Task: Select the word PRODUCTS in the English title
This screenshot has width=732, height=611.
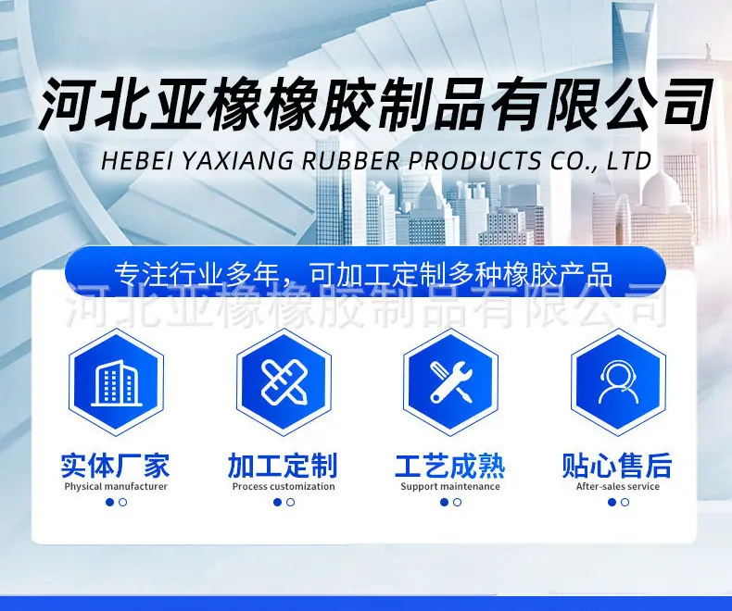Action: [x=474, y=160]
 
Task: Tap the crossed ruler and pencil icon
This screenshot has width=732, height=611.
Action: [x=284, y=382]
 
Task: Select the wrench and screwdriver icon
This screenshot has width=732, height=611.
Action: [x=451, y=382]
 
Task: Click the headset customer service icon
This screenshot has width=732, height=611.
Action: [x=618, y=382]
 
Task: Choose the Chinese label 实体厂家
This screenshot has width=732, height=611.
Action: [x=115, y=466]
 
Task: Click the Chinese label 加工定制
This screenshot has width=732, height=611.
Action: [x=283, y=466]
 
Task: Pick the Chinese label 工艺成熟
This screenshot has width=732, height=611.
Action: [x=450, y=466]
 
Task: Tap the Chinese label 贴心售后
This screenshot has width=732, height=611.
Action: [x=617, y=466]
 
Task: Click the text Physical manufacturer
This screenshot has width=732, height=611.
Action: [x=116, y=486]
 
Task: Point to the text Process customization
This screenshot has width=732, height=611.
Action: [x=284, y=486]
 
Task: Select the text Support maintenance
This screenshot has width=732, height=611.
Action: [x=450, y=486]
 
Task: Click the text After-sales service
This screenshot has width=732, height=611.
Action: [x=618, y=486]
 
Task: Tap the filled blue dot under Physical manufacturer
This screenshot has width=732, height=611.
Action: [x=109, y=503]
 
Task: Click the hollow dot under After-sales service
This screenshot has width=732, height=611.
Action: [x=625, y=503]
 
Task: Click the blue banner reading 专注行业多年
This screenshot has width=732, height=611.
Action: [x=365, y=273]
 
